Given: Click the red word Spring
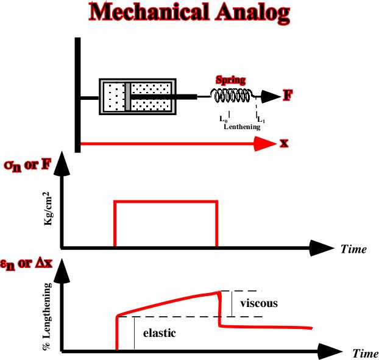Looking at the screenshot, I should point(230,80).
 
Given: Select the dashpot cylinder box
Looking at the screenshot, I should point(138,96).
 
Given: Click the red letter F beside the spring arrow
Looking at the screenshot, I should point(288,95).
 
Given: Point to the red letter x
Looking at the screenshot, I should point(284,144).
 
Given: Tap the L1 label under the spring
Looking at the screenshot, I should point(261,120).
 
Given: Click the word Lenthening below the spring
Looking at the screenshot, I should point(242,127).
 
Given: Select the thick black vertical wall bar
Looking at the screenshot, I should point(77,94).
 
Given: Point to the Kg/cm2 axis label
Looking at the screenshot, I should point(47,210).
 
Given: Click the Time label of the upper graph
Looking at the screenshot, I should point(353,249).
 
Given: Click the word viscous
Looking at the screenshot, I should point(258,303).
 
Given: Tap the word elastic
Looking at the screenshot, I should point(159,333).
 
